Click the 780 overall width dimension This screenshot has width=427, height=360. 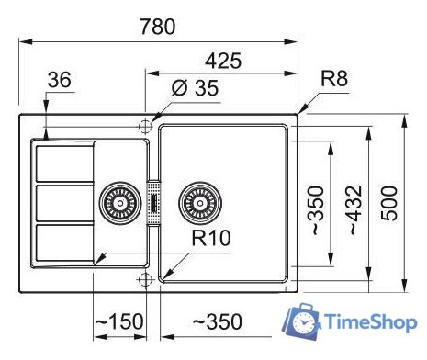158,27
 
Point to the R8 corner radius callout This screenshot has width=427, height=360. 335,80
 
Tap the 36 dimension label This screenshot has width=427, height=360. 58,81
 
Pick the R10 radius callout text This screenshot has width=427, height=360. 210,242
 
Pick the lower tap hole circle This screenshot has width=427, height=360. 143,277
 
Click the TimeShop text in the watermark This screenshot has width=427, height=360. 368,321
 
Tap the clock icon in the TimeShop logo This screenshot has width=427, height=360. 302,322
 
